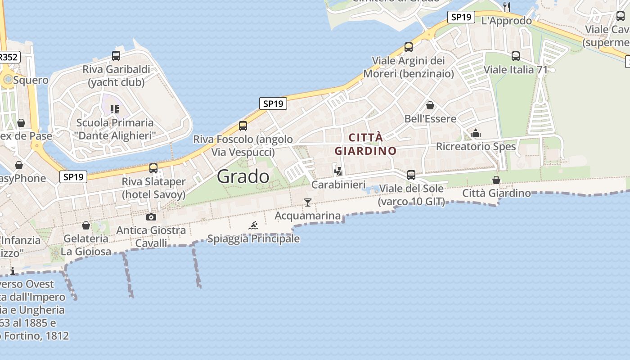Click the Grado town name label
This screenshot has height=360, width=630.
[243, 176]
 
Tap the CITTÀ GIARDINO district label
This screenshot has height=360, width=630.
[365, 144]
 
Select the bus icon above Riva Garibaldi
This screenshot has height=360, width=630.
[116, 56]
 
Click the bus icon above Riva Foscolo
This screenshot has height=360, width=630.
[243, 126]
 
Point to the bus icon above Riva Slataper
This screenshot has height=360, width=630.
[153, 168]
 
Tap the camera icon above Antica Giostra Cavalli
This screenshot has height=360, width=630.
[151, 217]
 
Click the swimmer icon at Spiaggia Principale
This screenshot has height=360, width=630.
[253, 225]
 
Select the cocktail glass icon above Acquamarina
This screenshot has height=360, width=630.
[308, 202]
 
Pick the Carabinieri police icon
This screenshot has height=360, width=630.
[338, 171]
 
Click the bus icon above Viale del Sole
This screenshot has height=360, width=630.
[411, 175]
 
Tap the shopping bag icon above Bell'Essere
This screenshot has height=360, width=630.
[430, 105]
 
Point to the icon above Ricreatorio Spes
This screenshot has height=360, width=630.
[476, 133]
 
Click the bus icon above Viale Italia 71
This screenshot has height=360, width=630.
[516, 56]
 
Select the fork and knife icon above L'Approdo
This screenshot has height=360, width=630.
[507, 7]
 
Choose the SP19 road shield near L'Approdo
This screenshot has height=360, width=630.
[461, 17]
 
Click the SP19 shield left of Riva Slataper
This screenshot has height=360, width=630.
[73, 177]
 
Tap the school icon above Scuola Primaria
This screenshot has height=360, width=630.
[114, 109]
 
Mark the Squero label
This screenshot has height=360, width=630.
[31, 80]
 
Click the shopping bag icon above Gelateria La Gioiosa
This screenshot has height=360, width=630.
[86, 225]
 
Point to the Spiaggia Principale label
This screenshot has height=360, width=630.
[253, 238]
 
